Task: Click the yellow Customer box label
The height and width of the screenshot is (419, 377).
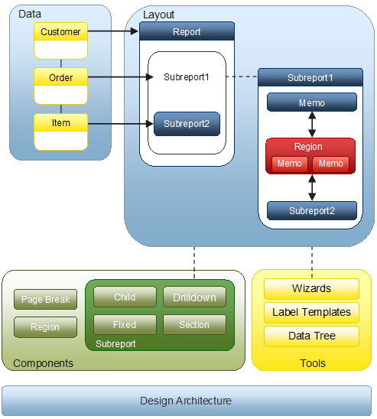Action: point(60,32)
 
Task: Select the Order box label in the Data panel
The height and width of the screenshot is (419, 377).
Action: point(60,77)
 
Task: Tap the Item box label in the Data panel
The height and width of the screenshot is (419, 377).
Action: point(60,122)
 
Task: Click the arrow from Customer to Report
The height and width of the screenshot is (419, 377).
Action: point(113,31)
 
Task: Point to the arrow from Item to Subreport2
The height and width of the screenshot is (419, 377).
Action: point(121,123)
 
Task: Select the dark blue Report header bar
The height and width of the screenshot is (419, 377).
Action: point(187,31)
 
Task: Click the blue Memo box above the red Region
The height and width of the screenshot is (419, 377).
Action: point(312,102)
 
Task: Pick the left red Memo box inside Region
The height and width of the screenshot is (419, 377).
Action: point(290,164)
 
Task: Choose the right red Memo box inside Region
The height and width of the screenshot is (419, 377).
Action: point(331,164)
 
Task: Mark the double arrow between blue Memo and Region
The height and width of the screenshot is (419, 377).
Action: point(312,125)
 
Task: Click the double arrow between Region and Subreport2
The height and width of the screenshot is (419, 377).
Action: point(312,187)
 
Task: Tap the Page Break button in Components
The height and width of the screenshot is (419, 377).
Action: point(45,299)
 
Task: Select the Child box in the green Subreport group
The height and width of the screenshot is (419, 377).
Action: point(125,297)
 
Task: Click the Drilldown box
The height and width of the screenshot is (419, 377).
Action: point(194,297)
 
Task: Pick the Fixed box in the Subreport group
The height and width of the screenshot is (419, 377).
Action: point(125,325)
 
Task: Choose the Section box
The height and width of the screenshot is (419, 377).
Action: point(194,325)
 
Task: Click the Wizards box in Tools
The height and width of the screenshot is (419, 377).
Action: point(311,289)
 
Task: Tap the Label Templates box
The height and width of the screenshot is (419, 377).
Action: point(311,313)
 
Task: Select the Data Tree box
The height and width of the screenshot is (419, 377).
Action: point(311,336)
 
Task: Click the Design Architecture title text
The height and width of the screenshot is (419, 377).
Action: point(186,401)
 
